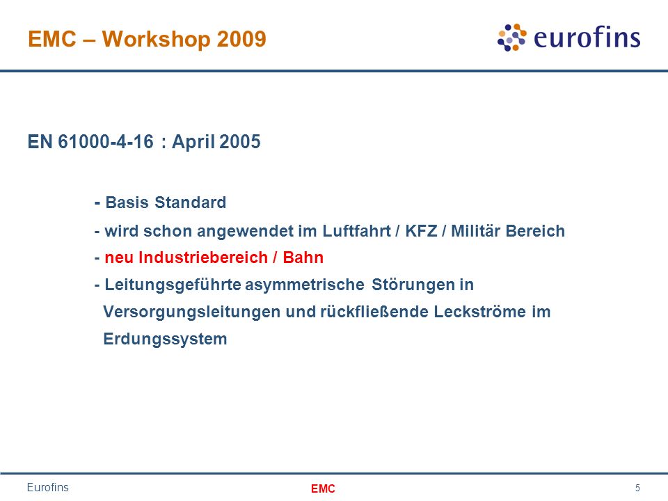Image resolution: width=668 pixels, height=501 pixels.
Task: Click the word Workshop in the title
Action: (156, 40)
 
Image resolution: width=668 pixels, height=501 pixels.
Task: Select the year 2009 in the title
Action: (241, 39)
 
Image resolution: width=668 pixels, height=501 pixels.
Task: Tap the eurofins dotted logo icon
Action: (511, 38)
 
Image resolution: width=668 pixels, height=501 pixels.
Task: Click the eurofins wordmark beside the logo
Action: (587, 37)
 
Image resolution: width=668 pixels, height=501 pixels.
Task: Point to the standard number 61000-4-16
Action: (106, 142)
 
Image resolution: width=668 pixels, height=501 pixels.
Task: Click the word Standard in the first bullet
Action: (191, 202)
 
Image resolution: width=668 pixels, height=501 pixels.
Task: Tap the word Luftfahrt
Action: (356, 231)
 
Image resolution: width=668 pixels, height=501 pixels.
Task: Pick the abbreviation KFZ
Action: (421, 231)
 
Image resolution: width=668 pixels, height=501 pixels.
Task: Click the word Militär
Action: (475, 231)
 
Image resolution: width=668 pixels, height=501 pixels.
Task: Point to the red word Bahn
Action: (303, 257)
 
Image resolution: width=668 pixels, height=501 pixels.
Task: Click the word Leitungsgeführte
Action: (173, 285)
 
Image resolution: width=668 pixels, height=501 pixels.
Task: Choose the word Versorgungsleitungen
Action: (192, 312)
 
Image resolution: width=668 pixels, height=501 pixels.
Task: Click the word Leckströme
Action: (480, 312)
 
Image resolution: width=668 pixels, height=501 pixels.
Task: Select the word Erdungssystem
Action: (165, 340)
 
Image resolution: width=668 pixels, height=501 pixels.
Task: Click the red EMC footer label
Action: (323, 488)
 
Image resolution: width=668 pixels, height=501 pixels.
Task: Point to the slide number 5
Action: (637, 488)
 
